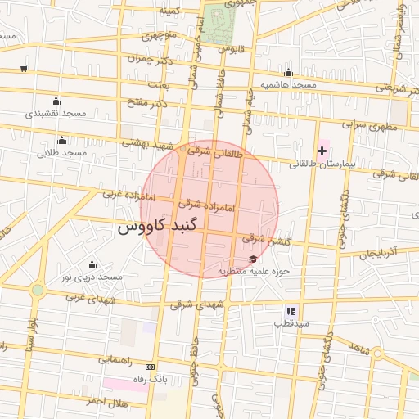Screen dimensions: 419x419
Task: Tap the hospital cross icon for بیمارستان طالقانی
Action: click(322, 151)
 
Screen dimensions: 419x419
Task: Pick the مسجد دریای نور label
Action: click(92, 277)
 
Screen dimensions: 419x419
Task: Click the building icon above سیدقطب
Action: click(290, 311)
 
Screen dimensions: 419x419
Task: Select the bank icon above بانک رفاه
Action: click(150, 367)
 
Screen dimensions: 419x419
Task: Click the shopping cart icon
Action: click(24, 69)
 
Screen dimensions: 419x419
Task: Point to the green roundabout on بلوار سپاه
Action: click(38, 290)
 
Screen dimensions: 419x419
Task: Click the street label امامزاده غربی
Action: click(123, 195)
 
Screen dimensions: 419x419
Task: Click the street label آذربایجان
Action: click(377, 252)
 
